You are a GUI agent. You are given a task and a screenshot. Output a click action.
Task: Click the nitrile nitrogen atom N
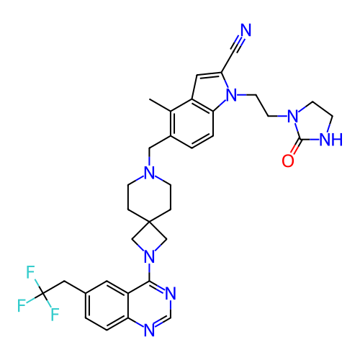coord(246,30)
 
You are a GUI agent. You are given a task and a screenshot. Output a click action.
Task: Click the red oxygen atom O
coord(288,161)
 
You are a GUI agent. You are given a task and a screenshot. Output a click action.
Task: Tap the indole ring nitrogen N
coord(232,95)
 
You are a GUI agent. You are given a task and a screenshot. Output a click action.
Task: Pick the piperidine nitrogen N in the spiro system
coord(149,173)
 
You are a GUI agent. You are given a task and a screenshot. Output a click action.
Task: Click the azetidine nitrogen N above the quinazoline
coord(149,257)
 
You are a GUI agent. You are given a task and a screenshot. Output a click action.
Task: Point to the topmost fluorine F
coord(31,272)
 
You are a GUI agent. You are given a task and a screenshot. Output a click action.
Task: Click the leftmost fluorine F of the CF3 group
coord(22,305)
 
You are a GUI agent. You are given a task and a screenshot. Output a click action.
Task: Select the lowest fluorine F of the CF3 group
coord(55,314)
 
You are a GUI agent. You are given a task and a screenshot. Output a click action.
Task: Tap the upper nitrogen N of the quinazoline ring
coord(171,293)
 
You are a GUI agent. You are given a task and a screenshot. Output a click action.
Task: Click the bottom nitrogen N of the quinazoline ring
coord(149,330)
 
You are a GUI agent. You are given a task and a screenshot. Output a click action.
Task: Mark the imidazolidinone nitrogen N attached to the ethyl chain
coord(292,116)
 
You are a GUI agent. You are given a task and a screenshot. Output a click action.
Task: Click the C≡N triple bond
coord(236,45)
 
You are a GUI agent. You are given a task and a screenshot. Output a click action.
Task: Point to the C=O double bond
coord(296,146)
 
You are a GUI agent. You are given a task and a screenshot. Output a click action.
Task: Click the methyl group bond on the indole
coord(160,105)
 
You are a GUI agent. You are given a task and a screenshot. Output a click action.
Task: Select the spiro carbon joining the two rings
coord(149,222)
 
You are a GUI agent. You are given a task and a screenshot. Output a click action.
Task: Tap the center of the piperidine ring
coord(149,197)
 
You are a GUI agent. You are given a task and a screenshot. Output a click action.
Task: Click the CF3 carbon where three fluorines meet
coord(42,293)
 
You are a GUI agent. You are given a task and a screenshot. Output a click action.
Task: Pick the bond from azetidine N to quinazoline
coord(149,272)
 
